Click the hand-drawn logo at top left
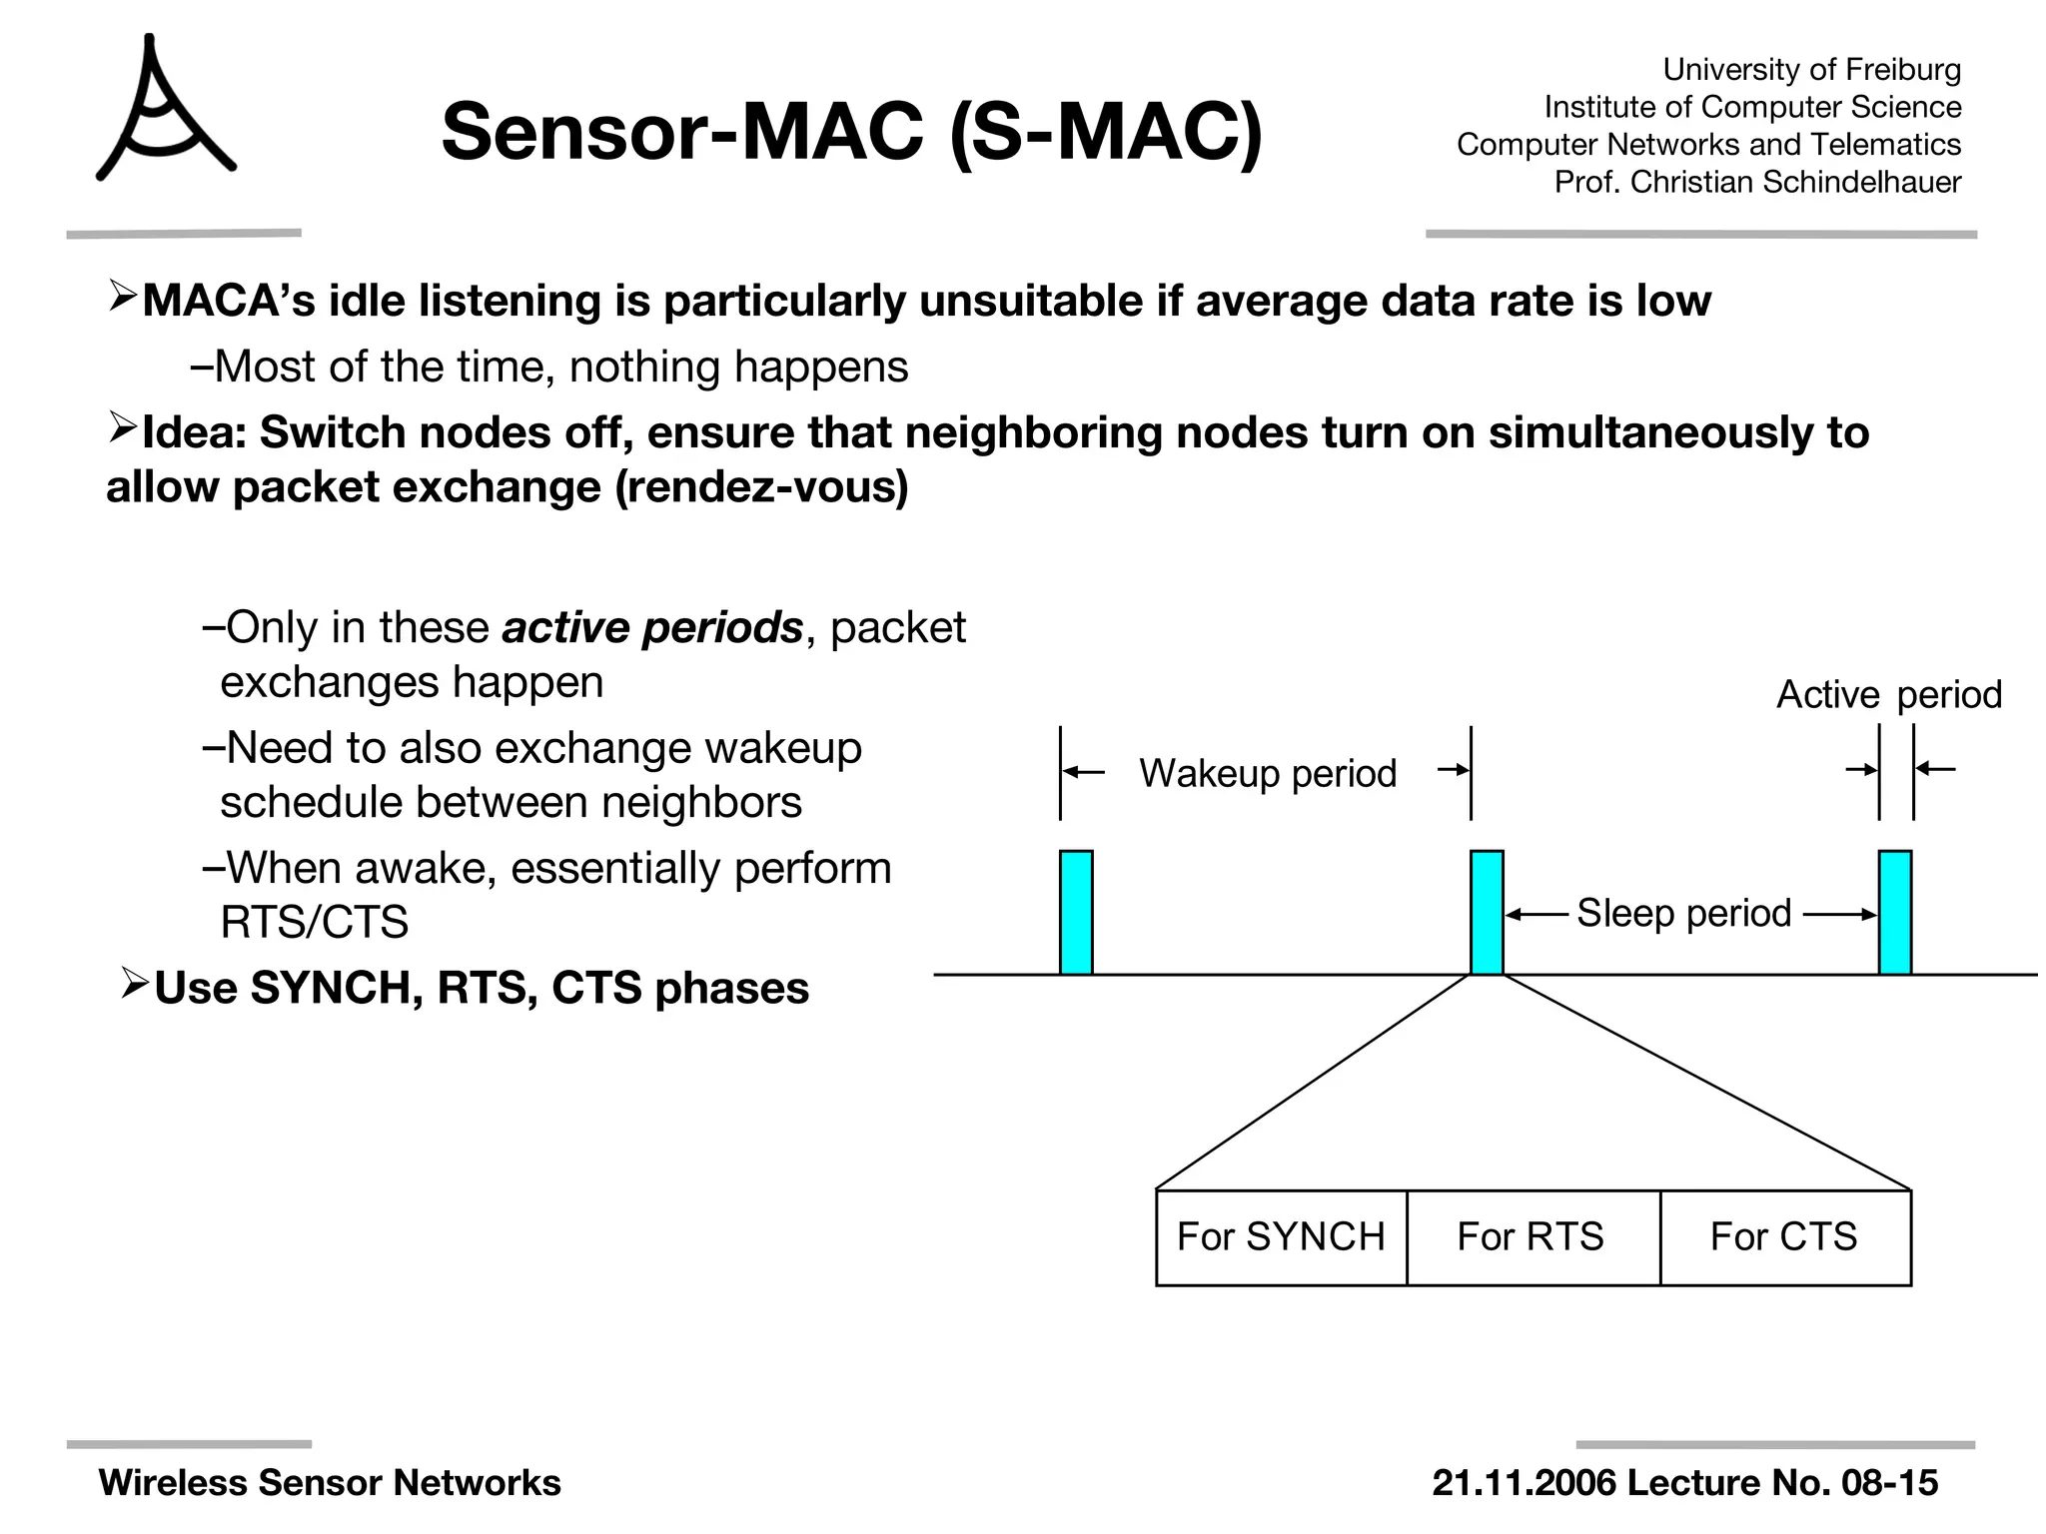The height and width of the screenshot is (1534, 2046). pyautogui.click(x=162, y=110)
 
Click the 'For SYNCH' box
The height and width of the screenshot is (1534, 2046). pyautogui.click(x=1281, y=1236)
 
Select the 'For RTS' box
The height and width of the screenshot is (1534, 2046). pyautogui.click(x=1533, y=1236)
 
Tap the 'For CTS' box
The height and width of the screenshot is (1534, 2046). pyautogui.click(x=1785, y=1236)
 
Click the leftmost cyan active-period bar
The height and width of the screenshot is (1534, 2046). pyautogui.click(x=1076, y=912)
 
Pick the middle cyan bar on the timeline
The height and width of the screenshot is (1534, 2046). pyautogui.click(x=1487, y=912)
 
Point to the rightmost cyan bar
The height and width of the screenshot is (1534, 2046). pyautogui.click(x=1895, y=912)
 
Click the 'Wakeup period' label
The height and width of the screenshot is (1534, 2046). pyautogui.click(x=1268, y=773)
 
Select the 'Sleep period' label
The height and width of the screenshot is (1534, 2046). pyautogui.click(x=1683, y=913)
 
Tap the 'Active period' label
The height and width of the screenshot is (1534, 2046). pyautogui.click(x=1888, y=694)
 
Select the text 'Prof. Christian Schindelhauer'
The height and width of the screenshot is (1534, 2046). pyautogui.click(x=1757, y=182)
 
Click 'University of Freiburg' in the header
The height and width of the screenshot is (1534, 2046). pyautogui.click(x=1811, y=69)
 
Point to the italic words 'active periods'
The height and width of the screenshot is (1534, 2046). pyautogui.click(x=651, y=627)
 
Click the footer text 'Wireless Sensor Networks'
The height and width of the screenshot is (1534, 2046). pyautogui.click(x=330, y=1482)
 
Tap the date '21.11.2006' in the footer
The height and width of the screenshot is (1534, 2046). pyautogui.click(x=1525, y=1482)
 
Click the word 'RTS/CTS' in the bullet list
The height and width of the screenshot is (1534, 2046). pyautogui.click(x=314, y=921)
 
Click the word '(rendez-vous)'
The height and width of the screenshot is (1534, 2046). pyautogui.click(x=761, y=486)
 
